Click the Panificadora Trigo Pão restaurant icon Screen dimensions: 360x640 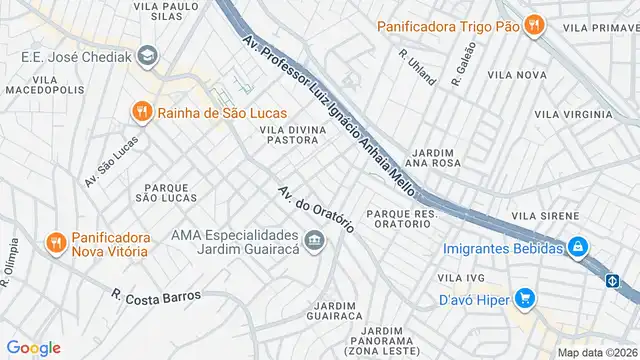(x=535, y=25)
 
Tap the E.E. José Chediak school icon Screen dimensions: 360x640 (x=148, y=56)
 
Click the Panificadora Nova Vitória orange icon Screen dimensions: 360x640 (x=56, y=242)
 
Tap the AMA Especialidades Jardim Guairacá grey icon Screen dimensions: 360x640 (x=315, y=241)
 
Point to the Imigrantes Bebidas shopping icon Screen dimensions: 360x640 (x=578, y=247)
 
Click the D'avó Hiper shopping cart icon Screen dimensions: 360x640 (x=524, y=297)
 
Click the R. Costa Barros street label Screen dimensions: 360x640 (x=156, y=297)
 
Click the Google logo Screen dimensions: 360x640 (x=34, y=347)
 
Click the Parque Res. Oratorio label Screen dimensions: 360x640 (x=403, y=219)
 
